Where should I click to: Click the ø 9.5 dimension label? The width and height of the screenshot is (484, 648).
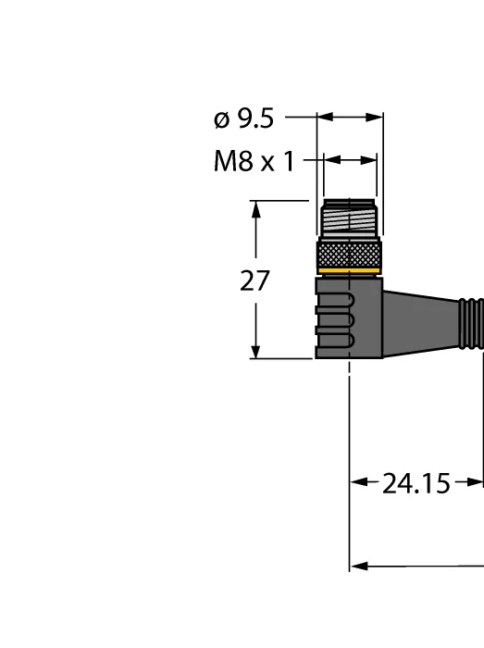(243, 118)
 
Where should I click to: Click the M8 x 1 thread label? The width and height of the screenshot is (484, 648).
(254, 161)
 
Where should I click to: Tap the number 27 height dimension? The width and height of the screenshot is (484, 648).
(254, 280)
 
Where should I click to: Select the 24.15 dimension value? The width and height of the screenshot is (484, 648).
(416, 483)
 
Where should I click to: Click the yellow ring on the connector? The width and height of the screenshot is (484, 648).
(350, 271)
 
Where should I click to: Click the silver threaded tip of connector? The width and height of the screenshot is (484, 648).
(350, 218)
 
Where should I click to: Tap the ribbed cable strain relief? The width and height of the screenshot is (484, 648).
(471, 324)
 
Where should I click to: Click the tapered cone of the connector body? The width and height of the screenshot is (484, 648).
(420, 324)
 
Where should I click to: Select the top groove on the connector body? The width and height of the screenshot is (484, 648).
(334, 301)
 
